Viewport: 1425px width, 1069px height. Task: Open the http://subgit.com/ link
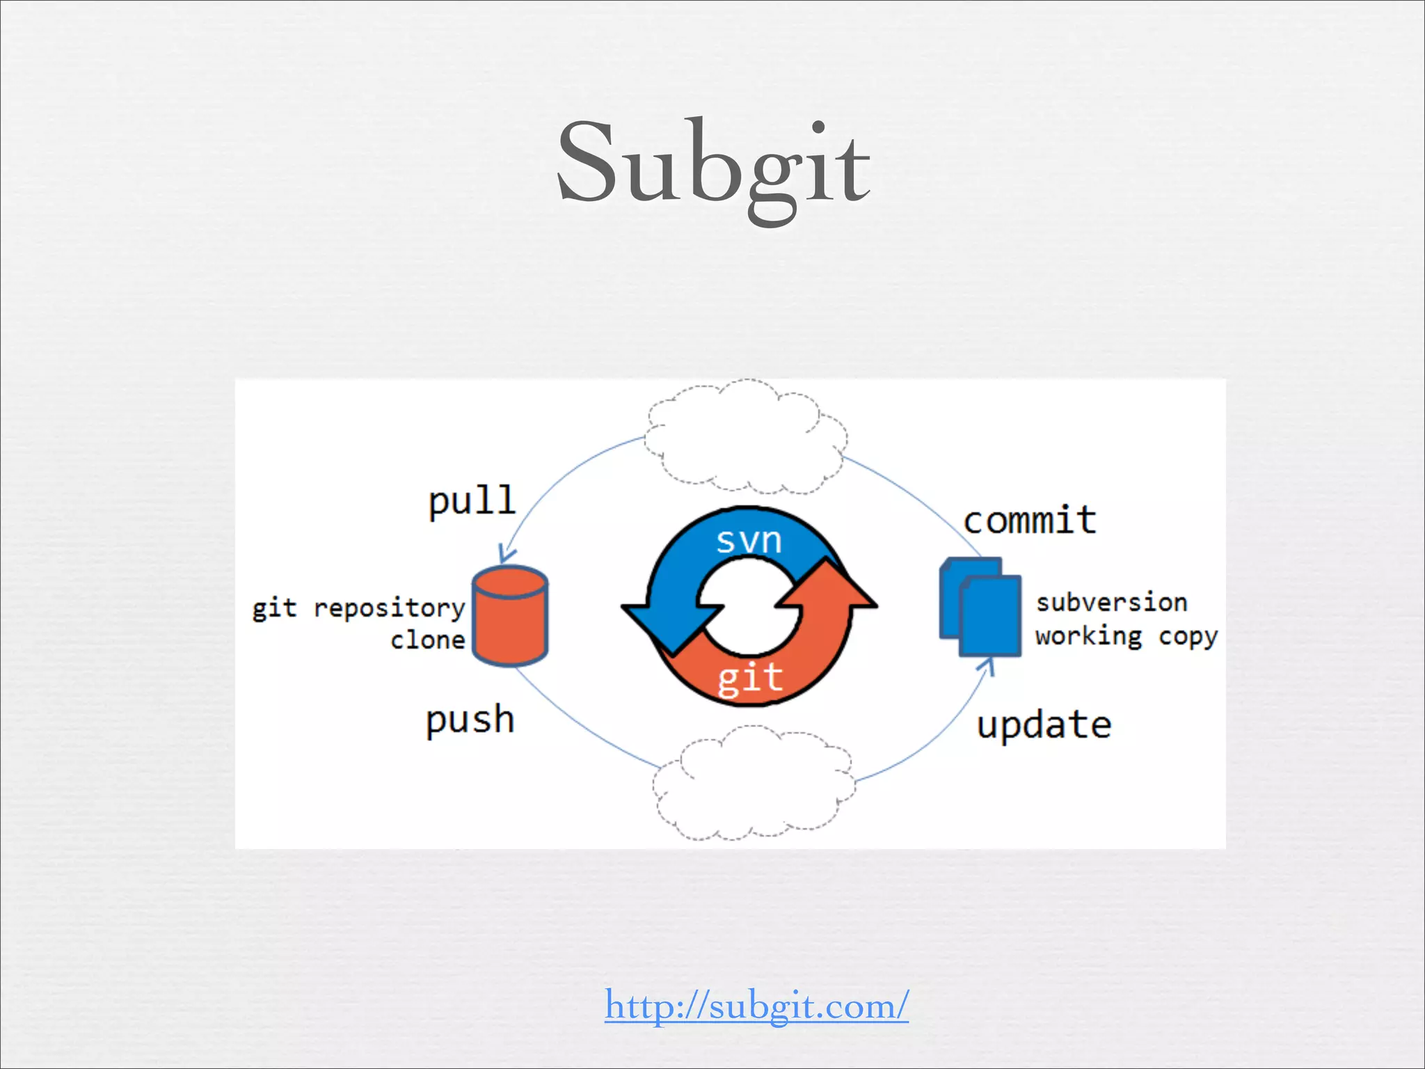756,1006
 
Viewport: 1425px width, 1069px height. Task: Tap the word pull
472,500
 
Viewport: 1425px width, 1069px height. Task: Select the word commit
1030,520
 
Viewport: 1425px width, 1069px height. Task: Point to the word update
1044,725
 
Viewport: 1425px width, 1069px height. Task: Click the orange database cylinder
510,617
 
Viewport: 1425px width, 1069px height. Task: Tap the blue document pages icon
980,608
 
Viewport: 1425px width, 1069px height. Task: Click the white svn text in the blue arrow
749,540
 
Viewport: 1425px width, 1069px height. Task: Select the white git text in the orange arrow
750,678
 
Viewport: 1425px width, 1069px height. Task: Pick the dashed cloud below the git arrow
754,783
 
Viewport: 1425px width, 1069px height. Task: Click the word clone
427,640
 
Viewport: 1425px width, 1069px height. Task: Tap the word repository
389,608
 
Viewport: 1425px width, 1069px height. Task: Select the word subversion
1111,602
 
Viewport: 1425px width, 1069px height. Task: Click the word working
1089,636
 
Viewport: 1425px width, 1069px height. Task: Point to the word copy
1188,637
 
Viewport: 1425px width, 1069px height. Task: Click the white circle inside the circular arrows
749,606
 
